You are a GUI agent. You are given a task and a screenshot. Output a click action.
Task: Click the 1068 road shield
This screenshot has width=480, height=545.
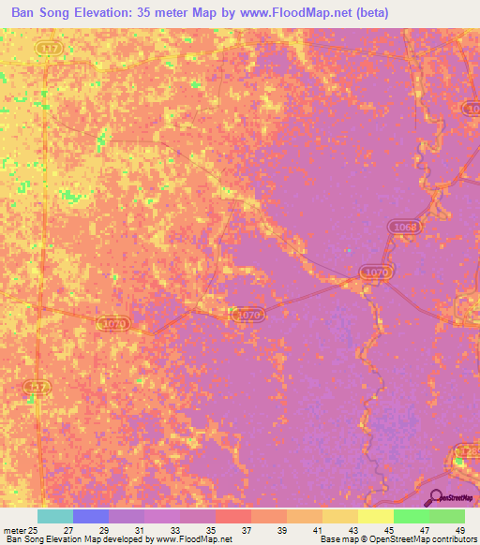pyautogui.click(x=405, y=228)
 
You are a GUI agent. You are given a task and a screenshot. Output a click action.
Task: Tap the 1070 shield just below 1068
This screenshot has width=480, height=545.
pyautogui.click(x=377, y=272)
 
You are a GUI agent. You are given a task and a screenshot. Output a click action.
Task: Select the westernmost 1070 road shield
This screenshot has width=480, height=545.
pyautogui.click(x=112, y=322)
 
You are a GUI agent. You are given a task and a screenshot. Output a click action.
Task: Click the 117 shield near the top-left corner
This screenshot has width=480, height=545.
pyautogui.click(x=48, y=47)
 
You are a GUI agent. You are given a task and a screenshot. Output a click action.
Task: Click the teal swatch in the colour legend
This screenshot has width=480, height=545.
pyautogui.click(x=55, y=516)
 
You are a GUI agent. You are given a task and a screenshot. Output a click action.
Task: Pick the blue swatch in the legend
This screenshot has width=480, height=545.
pyautogui.click(x=91, y=516)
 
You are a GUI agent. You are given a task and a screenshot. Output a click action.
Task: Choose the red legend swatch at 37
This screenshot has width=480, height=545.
pyautogui.click(x=233, y=516)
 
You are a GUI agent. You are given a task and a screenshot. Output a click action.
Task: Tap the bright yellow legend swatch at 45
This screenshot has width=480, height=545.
pyautogui.click(x=376, y=516)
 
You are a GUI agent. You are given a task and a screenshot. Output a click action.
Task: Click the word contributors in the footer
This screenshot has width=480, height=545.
pyautogui.click(x=453, y=539)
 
